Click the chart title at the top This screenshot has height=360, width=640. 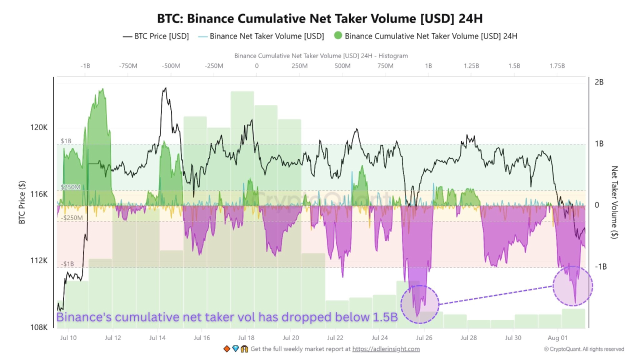(x=320, y=18)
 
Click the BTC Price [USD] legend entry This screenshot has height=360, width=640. (x=155, y=36)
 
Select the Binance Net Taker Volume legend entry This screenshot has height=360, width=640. (x=261, y=36)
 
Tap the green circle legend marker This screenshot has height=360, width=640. (x=337, y=36)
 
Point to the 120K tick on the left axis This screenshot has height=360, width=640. (x=39, y=127)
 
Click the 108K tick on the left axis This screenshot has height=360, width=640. (x=39, y=327)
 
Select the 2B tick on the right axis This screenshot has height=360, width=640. (x=599, y=82)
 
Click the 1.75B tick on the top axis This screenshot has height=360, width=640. (x=557, y=66)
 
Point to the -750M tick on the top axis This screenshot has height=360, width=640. (x=128, y=66)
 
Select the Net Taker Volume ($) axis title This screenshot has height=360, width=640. (x=615, y=202)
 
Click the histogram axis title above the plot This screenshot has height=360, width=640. (x=321, y=56)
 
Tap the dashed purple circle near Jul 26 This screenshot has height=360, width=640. (x=419, y=304)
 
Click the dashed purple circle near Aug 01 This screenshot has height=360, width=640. (x=572, y=286)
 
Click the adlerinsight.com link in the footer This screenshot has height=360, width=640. (x=386, y=349)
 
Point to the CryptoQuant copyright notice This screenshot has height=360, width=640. (x=584, y=349)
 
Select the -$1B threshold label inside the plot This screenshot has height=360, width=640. (x=67, y=264)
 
